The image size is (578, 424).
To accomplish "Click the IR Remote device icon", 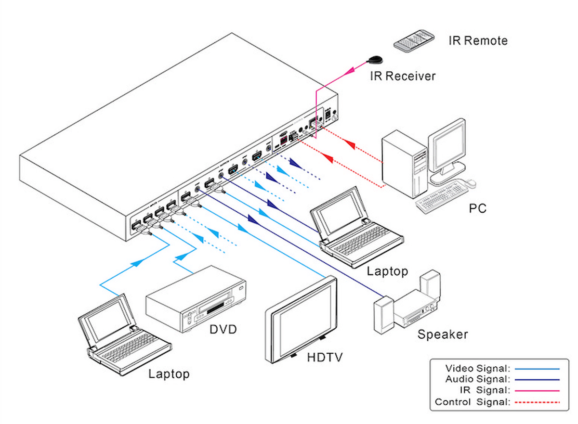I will click(414, 40).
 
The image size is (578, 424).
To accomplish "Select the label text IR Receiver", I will click(403, 76).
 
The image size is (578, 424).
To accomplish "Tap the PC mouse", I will click(469, 183).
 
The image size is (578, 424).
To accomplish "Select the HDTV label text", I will click(325, 358).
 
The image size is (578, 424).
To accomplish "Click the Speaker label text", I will click(443, 334).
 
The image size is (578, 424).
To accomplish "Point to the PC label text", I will click(478, 208).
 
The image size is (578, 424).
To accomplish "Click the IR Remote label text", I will click(478, 40).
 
